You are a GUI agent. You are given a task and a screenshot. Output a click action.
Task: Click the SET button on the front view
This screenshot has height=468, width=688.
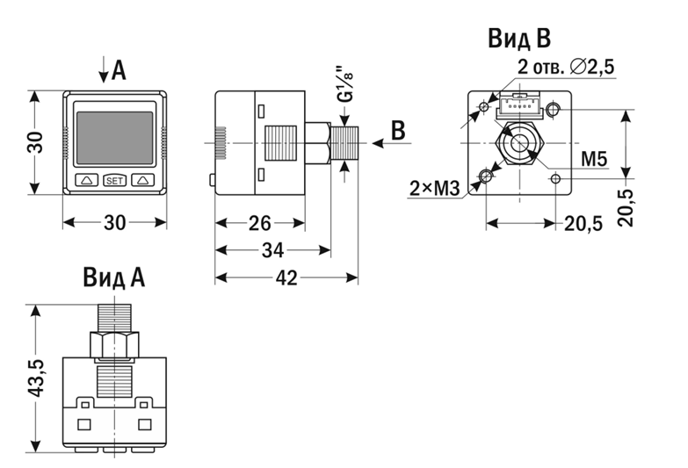(x=114, y=180)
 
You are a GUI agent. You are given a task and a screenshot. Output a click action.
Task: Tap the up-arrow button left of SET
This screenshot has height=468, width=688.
(x=87, y=180)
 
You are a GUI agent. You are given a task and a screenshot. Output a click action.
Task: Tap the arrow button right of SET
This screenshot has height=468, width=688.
(x=142, y=180)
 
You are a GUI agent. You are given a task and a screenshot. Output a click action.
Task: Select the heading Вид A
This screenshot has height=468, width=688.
(x=114, y=278)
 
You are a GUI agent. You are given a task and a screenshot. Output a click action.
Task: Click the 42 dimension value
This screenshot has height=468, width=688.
(x=286, y=278)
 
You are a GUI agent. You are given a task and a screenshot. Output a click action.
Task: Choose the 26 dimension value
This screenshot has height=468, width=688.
(x=259, y=223)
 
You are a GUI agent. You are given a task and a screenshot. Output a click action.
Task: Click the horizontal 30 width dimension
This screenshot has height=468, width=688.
(x=114, y=222)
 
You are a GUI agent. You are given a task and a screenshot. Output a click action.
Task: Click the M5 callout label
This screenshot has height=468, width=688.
(x=595, y=160)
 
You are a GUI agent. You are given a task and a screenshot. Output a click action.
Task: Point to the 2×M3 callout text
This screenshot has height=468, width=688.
(x=434, y=187)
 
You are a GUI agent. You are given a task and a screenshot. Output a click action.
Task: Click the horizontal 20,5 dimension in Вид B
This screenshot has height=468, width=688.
(x=583, y=223)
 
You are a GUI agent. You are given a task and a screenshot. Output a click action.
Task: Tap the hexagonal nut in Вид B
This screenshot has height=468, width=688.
(x=518, y=143)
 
